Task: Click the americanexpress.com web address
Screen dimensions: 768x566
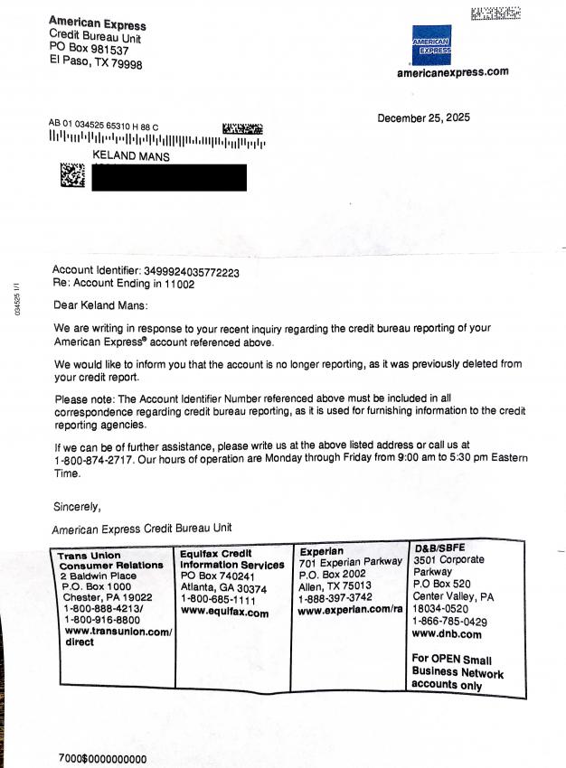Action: [x=452, y=72]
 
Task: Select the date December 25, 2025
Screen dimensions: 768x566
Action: [x=423, y=117]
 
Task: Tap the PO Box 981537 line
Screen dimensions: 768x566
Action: [x=88, y=49]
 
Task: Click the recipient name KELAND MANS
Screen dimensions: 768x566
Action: [x=132, y=156]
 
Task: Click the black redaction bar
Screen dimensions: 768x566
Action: [x=169, y=176]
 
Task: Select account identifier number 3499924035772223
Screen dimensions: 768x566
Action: [x=198, y=270]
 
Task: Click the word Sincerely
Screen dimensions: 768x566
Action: [x=77, y=506]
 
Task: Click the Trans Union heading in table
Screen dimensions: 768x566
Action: [x=84, y=556]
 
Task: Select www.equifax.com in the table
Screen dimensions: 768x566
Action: [x=224, y=612]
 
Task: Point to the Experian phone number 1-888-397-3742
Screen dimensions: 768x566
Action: [x=335, y=598]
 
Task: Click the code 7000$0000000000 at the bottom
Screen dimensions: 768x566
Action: [x=102, y=759]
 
